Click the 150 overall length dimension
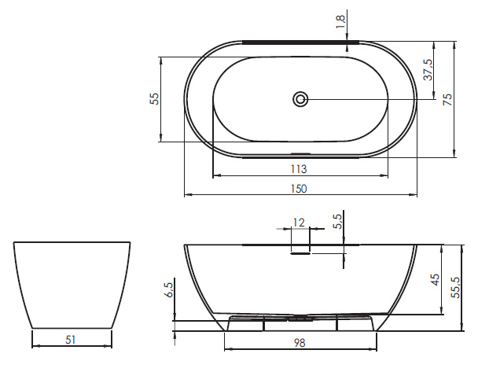click(299, 189)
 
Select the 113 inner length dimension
click(299, 169)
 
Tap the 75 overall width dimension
click(447, 99)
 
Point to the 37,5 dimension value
click(428, 69)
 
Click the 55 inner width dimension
click(154, 99)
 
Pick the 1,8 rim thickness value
click(340, 22)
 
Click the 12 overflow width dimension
click(299, 223)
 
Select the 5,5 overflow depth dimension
click(338, 221)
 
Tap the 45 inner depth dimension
click(436, 280)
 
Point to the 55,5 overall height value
click(456, 288)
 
